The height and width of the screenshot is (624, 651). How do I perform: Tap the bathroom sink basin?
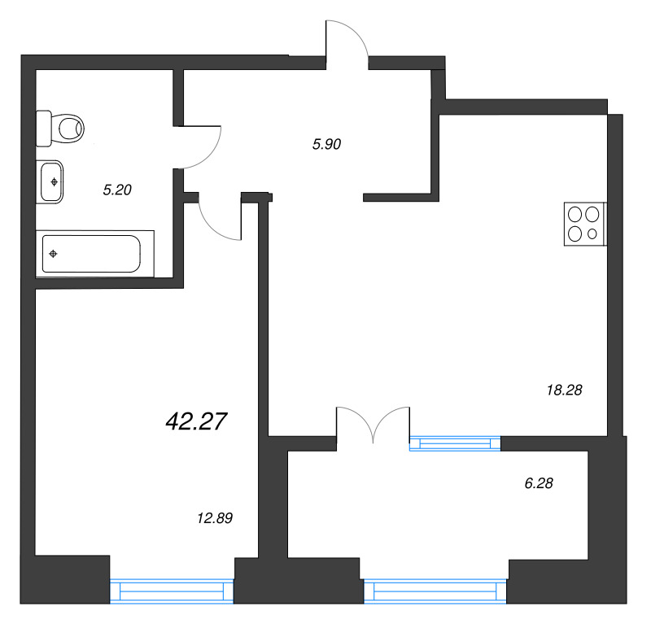click(x=53, y=181)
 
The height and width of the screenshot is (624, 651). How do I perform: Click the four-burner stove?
click(x=584, y=224)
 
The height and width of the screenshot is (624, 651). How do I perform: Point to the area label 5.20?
click(x=117, y=190)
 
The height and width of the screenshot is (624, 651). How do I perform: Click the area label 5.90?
click(x=325, y=144)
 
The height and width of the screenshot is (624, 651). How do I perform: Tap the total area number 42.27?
click(x=195, y=421)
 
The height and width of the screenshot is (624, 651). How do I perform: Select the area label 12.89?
click(x=215, y=517)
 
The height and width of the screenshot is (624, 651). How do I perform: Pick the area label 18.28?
click(x=564, y=391)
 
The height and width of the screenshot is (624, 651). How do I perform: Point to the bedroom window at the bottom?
click(x=172, y=591)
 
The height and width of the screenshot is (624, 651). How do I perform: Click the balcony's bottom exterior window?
click(x=435, y=591)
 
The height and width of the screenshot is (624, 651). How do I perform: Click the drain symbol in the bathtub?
click(x=54, y=254)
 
